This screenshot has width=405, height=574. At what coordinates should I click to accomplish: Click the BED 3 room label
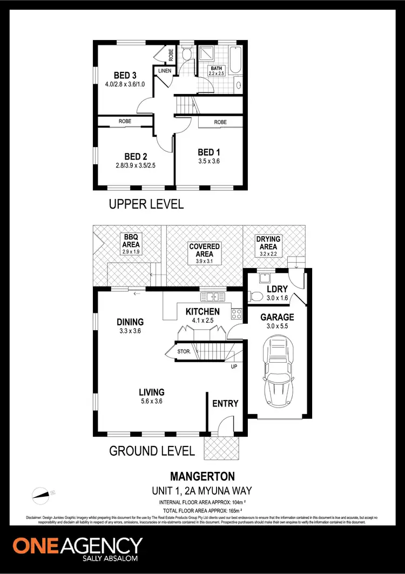(x=125, y=75)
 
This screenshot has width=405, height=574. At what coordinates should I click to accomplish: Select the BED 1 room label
(x=206, y=152)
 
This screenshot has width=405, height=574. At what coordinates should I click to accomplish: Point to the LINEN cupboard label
(x=164, y=71)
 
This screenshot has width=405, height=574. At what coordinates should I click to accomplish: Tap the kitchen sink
(x=212, y=296)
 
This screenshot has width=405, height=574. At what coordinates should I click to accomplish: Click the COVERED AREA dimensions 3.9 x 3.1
(x=204, y=261)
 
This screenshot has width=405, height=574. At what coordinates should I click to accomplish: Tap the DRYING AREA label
(x=267, y=243)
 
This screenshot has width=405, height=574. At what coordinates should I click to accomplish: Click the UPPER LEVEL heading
(x=146, y=204)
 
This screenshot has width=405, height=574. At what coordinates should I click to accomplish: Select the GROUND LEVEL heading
(x=152, y=451)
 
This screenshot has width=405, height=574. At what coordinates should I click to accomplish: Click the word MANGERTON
(x=202, y=476)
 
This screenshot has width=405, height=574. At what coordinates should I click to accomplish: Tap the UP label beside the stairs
(x=234, y=367)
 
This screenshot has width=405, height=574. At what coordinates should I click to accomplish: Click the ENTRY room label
(x=225, y=403)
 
